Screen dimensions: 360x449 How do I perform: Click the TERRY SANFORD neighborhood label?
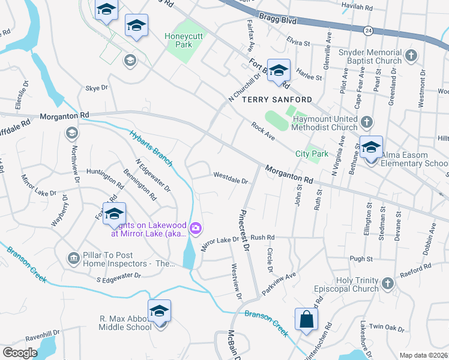click(x=270, y=99)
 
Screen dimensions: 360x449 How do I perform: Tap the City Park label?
click(x=312, y=154)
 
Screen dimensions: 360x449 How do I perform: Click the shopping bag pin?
click(x=306, y=319)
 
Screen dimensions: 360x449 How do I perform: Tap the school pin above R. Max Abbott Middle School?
click(x=159, y=311)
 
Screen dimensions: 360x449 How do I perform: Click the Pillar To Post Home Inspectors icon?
click(x=73, y=258)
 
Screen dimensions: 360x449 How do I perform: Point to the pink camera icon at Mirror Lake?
click(x=196, y=228)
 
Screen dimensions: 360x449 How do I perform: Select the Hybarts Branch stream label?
click(x=151, y=148)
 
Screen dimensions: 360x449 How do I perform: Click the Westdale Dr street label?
click(x=231, y=178)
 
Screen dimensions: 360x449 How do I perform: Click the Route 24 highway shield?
click(x=367, y=29)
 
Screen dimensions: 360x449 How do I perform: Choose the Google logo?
click(x=20, y=353)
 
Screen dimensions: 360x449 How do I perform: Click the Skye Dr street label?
click(x=96, y=88)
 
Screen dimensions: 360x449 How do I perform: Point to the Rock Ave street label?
click(x=262, y=128)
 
